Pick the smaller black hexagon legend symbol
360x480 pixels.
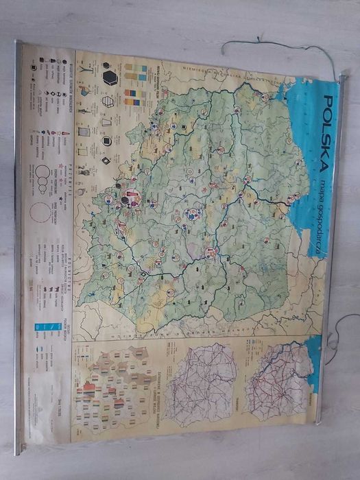click(106, 141)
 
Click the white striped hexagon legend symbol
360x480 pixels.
click(108, 101)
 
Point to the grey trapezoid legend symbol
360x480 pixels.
click(107, 121)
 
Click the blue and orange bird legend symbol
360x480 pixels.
click(84, 91)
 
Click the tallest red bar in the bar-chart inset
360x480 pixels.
click(89, 392)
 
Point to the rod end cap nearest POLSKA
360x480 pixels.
click(342, 77)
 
